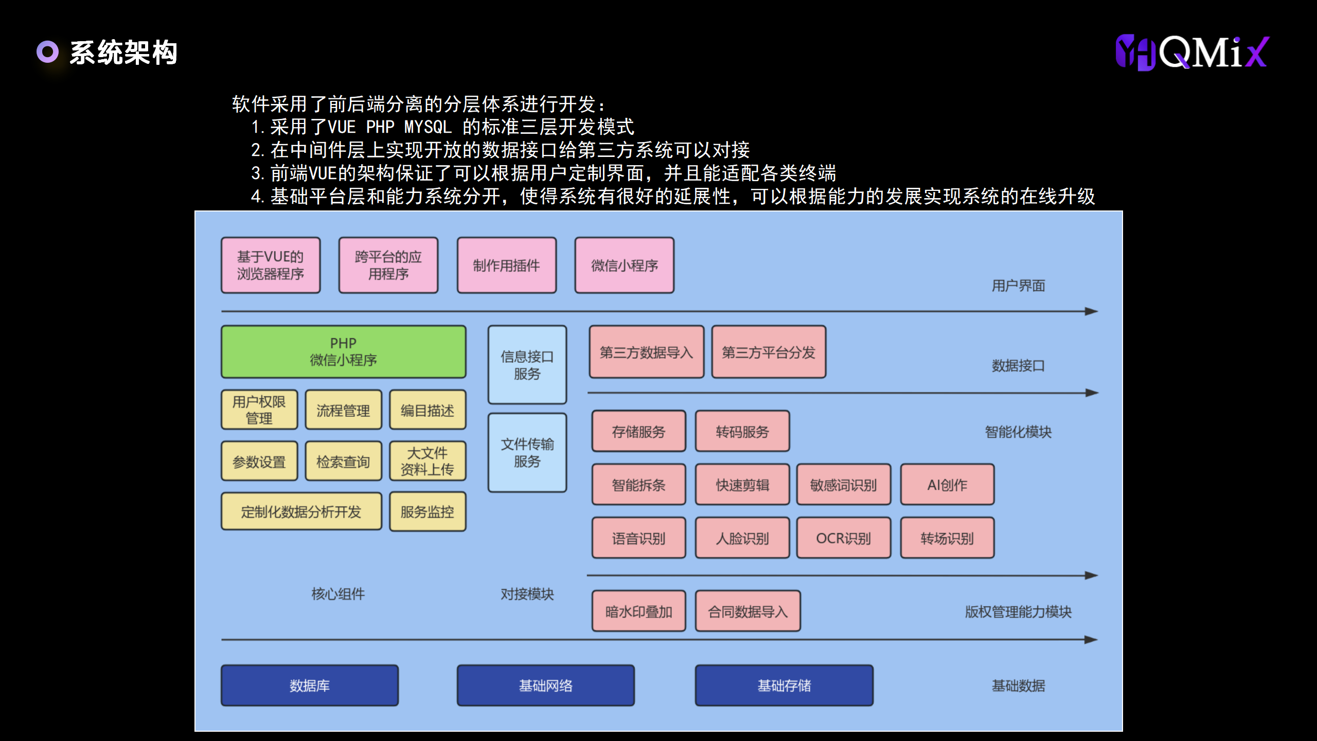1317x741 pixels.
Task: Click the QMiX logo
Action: tap(1192, 52)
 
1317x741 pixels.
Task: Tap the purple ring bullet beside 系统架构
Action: tap(47, 52)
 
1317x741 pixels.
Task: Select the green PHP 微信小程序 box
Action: tap(343, 352)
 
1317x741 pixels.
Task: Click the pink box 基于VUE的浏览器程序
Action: tap(271, 266)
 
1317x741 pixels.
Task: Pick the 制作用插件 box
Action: tap(506, 266)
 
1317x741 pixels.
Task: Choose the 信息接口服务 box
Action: tap(527, 365)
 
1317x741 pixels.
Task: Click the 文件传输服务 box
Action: tap(527, 453)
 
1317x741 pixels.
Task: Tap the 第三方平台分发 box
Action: tap(769, 352)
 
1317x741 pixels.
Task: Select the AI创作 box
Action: tap(947, 485)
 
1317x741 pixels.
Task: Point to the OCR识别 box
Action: tap(843, 538)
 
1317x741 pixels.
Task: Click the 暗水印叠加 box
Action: tap(638, 611)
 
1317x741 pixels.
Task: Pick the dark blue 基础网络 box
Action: tap(545, 685)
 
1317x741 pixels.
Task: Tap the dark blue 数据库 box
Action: tap(310, 685)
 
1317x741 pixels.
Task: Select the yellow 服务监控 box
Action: tap(428, 512)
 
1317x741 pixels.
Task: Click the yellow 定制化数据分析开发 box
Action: tap(301, 512)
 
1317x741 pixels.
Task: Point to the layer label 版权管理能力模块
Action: tap(1018, 612)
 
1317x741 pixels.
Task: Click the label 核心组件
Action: tap(338, 594)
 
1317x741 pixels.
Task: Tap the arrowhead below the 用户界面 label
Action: tap(1091, 311)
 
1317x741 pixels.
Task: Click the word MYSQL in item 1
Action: tap(428, 127)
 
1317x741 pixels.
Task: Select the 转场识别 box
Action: tap(947, 538)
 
